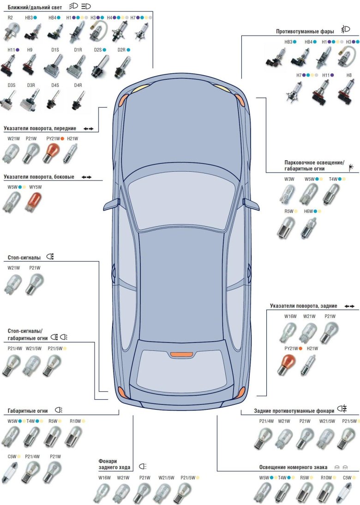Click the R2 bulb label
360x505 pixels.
(11, 18)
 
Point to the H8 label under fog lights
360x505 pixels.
(348, 75)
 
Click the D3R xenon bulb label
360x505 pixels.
(31, 85)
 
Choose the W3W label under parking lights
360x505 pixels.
(289, 179)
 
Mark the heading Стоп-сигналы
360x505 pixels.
(24, 257)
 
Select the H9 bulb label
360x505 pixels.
(30, 49)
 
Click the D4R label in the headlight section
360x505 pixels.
(78, 85)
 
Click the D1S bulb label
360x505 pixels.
(55, 49)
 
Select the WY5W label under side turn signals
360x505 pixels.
(35, 187)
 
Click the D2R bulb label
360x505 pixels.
(121, 49)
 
